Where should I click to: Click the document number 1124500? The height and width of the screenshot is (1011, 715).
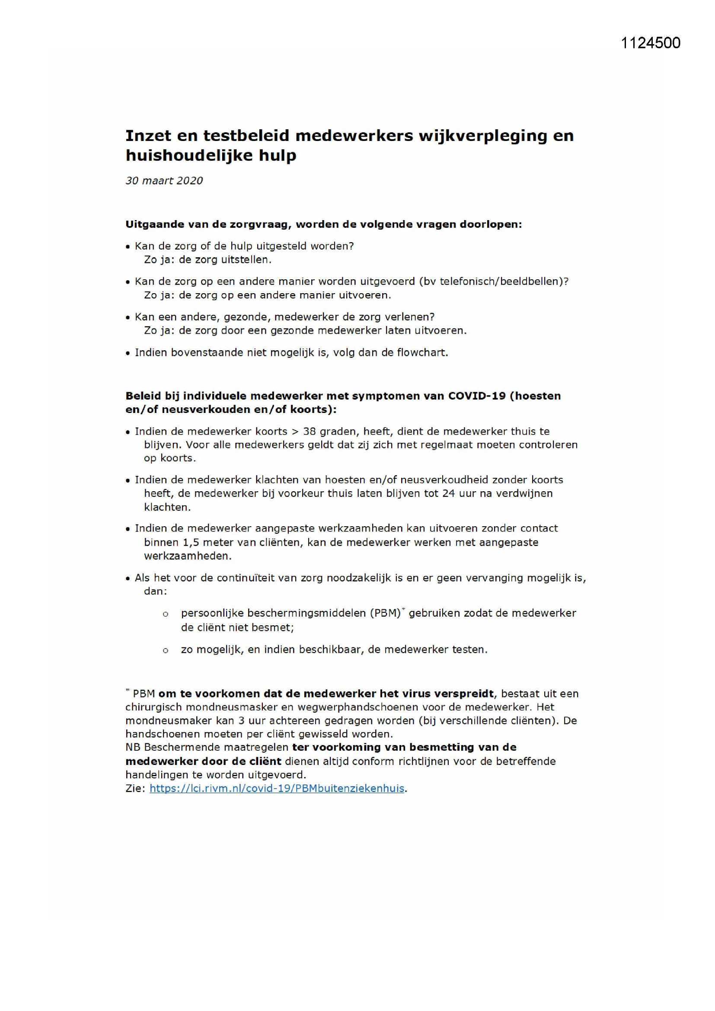coord(650,43)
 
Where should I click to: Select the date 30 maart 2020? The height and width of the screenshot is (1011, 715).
coord(164,181)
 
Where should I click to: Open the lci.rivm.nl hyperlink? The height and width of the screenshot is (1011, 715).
coord(277,788)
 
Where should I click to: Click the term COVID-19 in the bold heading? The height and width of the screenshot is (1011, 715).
coord(476,396)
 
